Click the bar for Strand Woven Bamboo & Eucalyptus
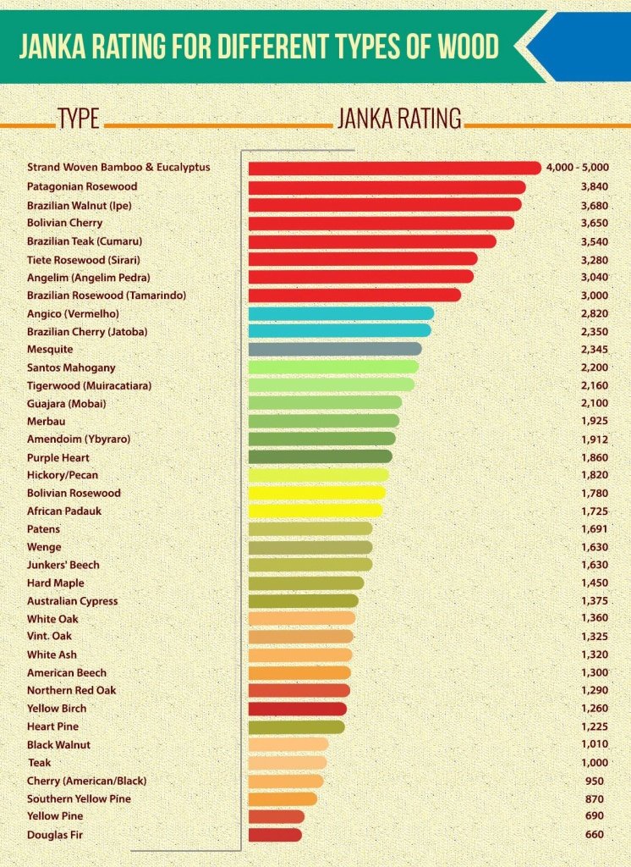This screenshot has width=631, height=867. pos(394,168)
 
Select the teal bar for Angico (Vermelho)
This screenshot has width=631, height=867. pos(341,313)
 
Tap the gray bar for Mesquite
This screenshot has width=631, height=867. pos(335,349)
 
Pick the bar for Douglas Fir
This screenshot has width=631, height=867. pos(275,835)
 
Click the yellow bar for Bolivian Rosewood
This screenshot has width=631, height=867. pos(317,493)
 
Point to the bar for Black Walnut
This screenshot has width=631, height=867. pos(288,745)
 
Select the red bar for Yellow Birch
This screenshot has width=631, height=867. pos(298,709)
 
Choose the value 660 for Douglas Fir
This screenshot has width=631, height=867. pos(594,835)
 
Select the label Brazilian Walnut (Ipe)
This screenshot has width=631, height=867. pos(80,205)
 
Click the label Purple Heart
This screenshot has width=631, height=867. pos(58,457)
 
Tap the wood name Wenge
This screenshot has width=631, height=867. pos(44,547)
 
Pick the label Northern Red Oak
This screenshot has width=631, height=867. pos(72,691)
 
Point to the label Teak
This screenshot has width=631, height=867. pos(39,763)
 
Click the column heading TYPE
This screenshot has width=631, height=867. pos(79,119)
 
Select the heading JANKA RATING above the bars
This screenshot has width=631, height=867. pos(399,119)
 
